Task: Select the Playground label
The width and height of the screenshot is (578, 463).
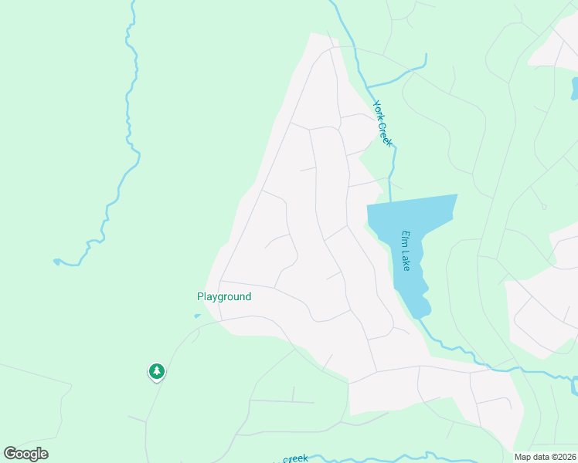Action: [224, 296]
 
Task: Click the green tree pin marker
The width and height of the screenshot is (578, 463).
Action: [157, 372]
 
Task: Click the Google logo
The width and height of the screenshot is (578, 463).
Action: [25, 454]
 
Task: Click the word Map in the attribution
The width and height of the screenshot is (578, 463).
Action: [522, 457]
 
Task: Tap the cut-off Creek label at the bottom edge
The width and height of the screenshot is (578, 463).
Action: [294, 459]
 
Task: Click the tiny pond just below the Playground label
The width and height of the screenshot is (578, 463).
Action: [197, 315]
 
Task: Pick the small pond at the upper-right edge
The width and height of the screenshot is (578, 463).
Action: [574, 86]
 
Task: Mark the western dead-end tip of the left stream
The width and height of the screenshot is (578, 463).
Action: [56, 262]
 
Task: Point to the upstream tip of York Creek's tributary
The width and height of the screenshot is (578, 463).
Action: [425, 56]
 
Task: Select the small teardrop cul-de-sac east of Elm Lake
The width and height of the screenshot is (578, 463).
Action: [543, 206]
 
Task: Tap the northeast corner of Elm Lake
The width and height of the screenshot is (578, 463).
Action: [457, 195]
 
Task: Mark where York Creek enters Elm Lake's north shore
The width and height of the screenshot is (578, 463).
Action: [391, 202]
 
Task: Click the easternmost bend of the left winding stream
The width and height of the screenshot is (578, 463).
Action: [140, 158]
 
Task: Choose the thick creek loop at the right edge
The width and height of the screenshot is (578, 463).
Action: [573, 384]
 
